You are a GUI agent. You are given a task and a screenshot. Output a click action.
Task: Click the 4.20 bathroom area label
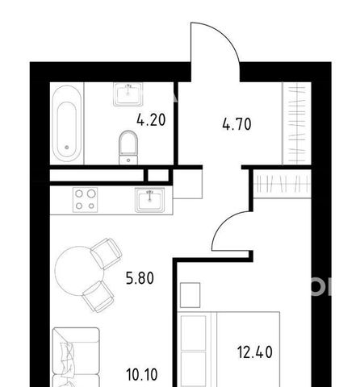pos(151,120)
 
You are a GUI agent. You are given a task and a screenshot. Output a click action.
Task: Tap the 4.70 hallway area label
pos(237,124)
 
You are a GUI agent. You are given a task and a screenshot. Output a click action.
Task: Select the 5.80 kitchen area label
pos(140,278)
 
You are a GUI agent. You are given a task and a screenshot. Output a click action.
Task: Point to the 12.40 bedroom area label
pos(255,352)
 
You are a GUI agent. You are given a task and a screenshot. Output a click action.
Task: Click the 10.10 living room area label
pos(142,375)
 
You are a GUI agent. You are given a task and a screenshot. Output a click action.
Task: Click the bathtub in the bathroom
pos(67,123)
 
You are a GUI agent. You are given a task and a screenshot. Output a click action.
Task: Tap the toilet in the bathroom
pos(128,148)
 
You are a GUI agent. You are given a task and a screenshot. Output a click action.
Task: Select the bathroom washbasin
pos(128,94)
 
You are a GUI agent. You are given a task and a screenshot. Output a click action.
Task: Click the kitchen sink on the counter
pos(150,200)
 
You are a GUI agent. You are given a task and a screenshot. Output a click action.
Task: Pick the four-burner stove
pos(85,200)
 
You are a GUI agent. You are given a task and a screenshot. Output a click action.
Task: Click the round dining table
pos(79,271)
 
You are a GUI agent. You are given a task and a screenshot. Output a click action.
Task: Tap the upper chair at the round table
pos(106,254)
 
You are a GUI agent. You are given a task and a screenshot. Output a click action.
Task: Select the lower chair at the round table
pos(98,297)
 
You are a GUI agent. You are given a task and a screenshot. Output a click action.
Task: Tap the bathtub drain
pos(67,147)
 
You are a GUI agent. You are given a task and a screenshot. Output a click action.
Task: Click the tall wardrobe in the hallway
pos(296,123)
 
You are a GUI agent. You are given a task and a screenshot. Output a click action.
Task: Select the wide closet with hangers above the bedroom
pos(283,184)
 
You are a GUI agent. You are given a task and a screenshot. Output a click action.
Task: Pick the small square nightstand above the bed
pos(190,295)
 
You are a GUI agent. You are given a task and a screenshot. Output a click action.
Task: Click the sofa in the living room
pos(76,357)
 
